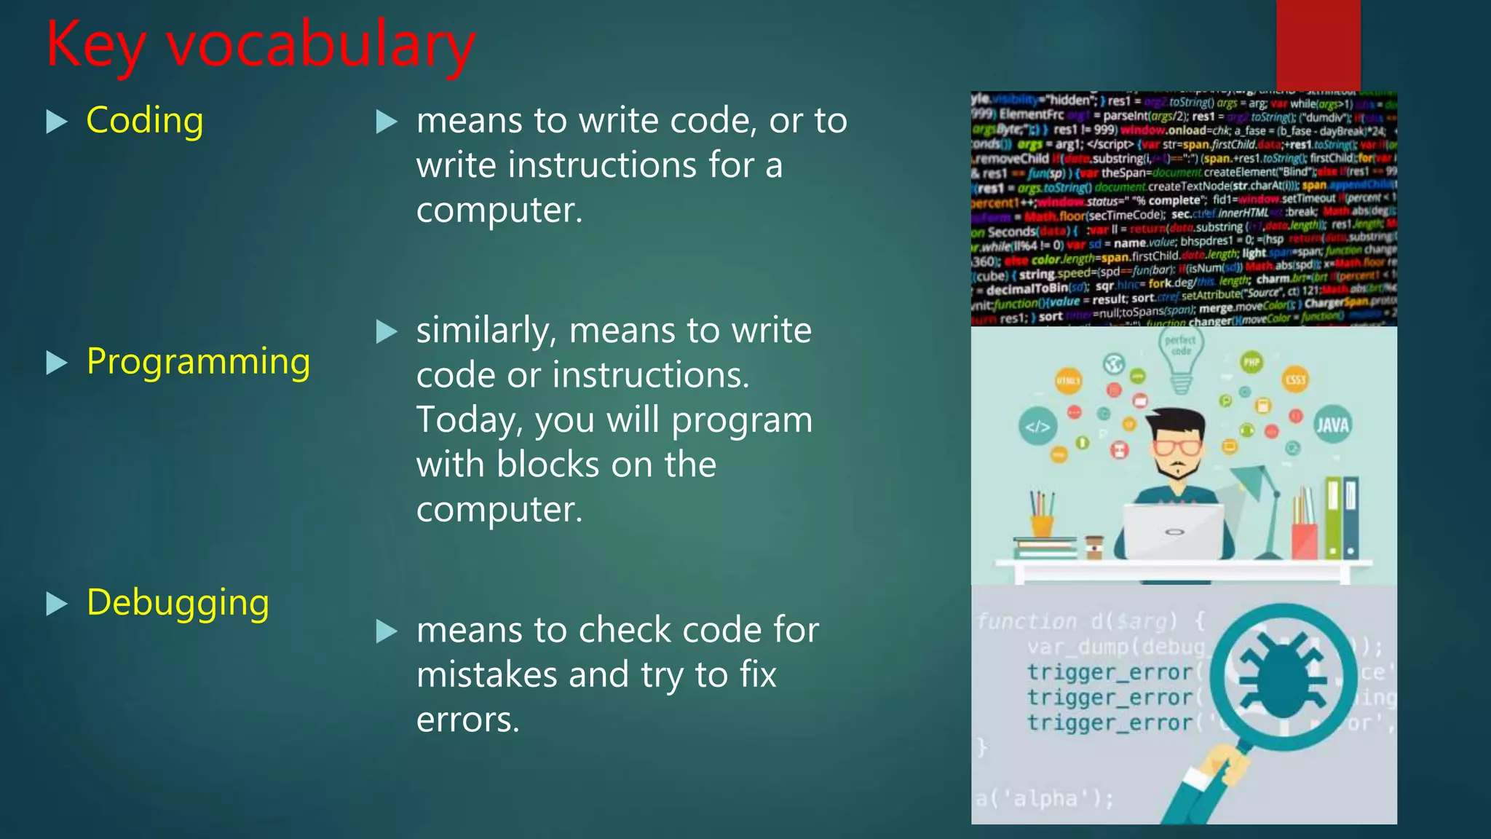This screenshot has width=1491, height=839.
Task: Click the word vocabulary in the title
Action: [321, 45]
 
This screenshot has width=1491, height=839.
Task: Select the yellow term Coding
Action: [144, 120]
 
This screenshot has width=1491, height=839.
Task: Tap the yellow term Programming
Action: [198, 361]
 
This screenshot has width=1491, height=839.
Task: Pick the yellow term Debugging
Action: [178, 602]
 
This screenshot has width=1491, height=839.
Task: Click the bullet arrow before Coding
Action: [56, 121]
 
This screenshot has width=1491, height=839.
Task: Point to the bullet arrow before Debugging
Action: [56, 604]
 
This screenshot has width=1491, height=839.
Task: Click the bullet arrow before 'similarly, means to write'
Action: [387, 332]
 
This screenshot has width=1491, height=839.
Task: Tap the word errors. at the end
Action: [467, 720]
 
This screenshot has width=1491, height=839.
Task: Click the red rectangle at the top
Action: [1318, 44]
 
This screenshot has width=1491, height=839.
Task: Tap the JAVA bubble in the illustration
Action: [1332, 425]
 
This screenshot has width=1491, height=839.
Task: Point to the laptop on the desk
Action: [1174, 532]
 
